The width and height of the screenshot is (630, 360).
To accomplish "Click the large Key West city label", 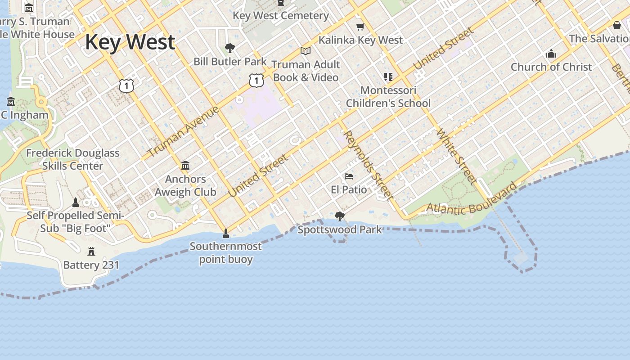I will pos(130,42).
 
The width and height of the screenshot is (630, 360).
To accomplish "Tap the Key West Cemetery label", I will pos(281,16).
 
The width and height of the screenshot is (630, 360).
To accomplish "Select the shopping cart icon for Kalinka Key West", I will pos(360,27).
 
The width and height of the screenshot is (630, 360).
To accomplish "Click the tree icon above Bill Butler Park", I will pos(230,48).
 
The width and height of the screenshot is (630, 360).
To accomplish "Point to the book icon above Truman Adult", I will pos(306,51).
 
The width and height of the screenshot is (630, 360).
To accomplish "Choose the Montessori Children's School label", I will pos(388,97).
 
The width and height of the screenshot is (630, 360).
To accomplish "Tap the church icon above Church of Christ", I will pos(551,54).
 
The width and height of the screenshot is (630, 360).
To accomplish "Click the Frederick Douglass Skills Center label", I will pos(73,159).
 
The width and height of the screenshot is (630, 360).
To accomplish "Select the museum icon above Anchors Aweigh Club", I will pos(185,166).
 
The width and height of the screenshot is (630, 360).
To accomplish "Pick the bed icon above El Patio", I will pos(349,176).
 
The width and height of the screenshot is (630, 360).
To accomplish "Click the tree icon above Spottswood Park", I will pos(340,216).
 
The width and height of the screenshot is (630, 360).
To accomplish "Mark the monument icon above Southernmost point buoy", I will pos(226,233).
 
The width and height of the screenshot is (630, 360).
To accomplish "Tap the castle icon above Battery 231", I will pos(91,251).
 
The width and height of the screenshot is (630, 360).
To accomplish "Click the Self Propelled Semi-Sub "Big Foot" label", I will pos(75,222).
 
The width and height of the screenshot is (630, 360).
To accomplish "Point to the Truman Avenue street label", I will pos(183,131).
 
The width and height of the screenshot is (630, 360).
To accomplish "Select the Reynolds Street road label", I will pos(368,165).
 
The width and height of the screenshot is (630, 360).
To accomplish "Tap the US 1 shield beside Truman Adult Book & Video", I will pos(256,81).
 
